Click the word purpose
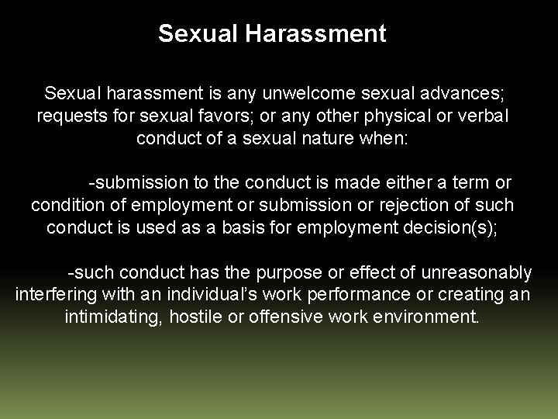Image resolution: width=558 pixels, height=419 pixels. [296, 272]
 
